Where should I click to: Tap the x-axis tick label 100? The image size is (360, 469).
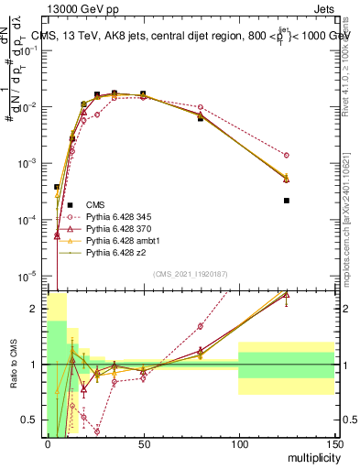tap(238, 443)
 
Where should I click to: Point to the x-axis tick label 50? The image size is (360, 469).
tap(143, 443)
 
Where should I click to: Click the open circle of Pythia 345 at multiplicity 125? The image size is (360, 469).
tap(287, 155)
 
